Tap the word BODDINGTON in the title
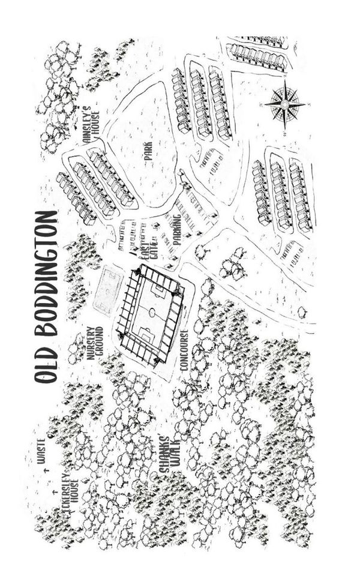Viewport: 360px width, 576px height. tap(46, 274)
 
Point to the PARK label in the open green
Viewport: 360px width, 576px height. tap(148, 151)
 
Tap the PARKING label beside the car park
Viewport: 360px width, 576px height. tap(177, 230)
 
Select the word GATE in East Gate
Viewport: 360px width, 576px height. tap(154, 251)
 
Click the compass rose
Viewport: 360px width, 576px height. tap(284, 104)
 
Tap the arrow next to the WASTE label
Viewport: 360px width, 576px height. tap(47, 470)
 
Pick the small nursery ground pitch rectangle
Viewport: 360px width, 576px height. tap(107, 291)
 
